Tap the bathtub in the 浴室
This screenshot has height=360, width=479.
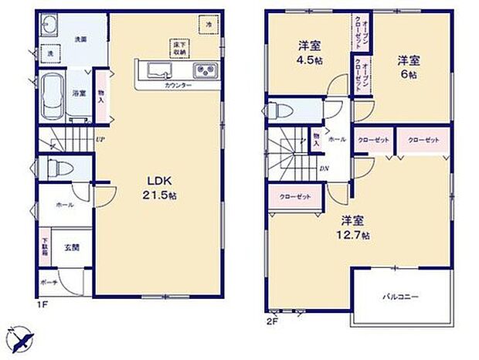49,93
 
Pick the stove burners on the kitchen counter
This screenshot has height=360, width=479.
206,72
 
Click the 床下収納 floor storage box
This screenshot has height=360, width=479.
178,48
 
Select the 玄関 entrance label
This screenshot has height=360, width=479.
71,247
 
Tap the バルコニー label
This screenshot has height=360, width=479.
399,296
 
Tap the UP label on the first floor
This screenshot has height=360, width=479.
100,140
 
